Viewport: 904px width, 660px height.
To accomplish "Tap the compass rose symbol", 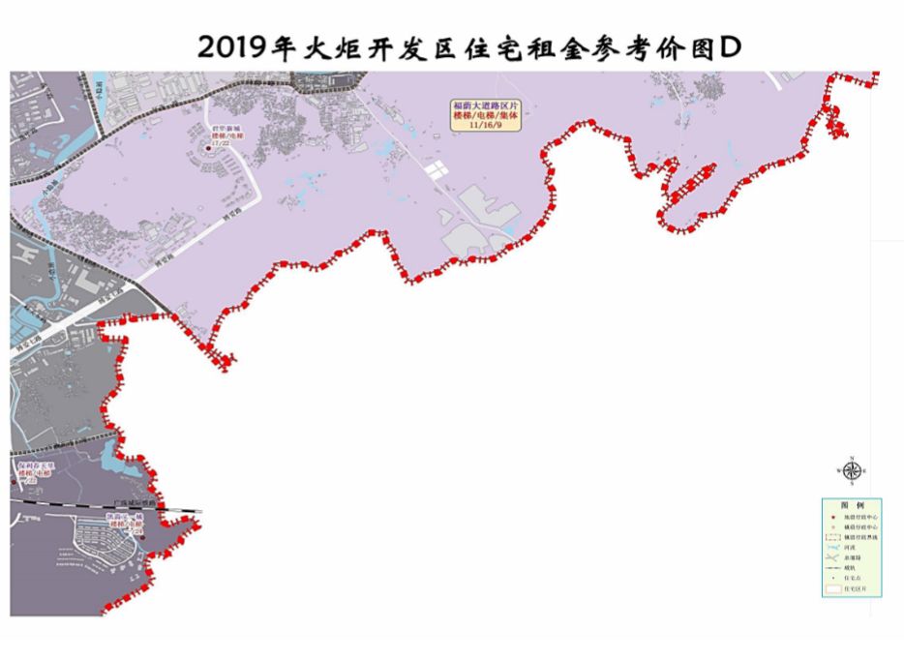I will coord(852,471).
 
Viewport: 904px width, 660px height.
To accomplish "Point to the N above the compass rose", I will coord(852,457).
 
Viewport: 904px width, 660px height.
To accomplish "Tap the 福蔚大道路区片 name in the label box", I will coord(486,104).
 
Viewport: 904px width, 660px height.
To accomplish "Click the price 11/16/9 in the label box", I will coord(486,124).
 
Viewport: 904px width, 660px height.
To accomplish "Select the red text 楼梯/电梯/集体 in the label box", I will coord(486,114).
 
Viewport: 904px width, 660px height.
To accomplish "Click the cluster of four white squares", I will coord(437,171).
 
